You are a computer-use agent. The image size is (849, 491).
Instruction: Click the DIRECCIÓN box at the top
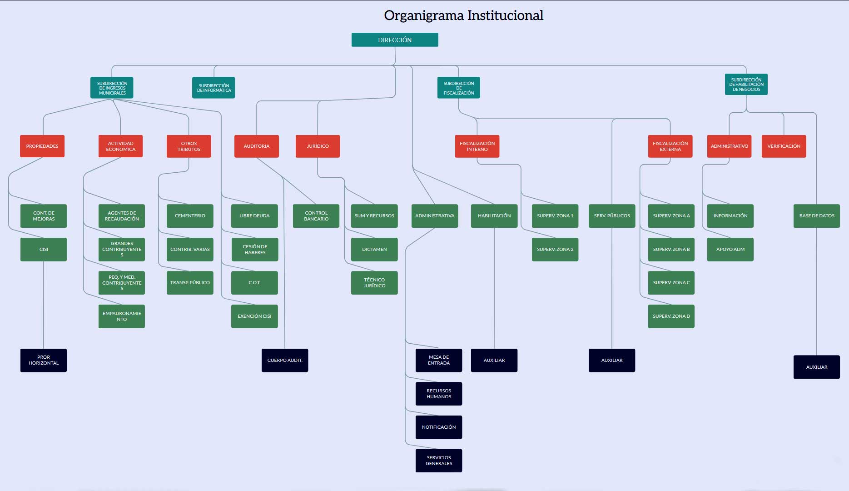coord(395,40)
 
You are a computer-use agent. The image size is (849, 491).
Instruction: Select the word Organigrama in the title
coord(423,15)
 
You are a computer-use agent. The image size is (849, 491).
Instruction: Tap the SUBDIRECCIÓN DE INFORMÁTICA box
coord(213,88)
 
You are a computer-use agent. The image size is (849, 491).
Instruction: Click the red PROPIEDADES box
coord(42,146)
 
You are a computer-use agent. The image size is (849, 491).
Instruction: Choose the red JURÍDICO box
coord(318,146)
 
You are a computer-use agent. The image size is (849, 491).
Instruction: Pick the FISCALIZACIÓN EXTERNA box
coord(670,146)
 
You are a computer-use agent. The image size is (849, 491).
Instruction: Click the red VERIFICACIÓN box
coord(784,146)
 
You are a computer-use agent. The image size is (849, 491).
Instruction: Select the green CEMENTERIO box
coord(190,216)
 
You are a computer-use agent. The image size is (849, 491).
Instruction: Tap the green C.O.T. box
coord(254,283)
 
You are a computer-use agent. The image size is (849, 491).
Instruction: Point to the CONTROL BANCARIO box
coord(316,216)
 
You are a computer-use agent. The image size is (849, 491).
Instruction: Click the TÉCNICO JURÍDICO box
coord(374,283)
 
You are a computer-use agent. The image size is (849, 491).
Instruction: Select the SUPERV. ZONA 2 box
coord(555,249)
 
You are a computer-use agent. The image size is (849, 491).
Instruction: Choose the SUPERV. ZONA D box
coord(671,316)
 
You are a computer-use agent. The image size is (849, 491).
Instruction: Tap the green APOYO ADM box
coord(730,249)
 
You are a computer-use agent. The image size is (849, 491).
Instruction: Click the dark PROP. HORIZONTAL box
coord(44,360)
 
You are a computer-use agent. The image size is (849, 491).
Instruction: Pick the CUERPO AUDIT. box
coord(285,360)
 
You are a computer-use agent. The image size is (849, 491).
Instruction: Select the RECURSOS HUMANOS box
coord(439,394)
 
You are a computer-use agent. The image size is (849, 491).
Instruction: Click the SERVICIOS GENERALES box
coord(439,461)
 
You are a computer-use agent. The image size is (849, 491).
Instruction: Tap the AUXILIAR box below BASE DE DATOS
coord(816,367)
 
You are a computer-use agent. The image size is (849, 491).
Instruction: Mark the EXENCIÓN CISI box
coord(254,316)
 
